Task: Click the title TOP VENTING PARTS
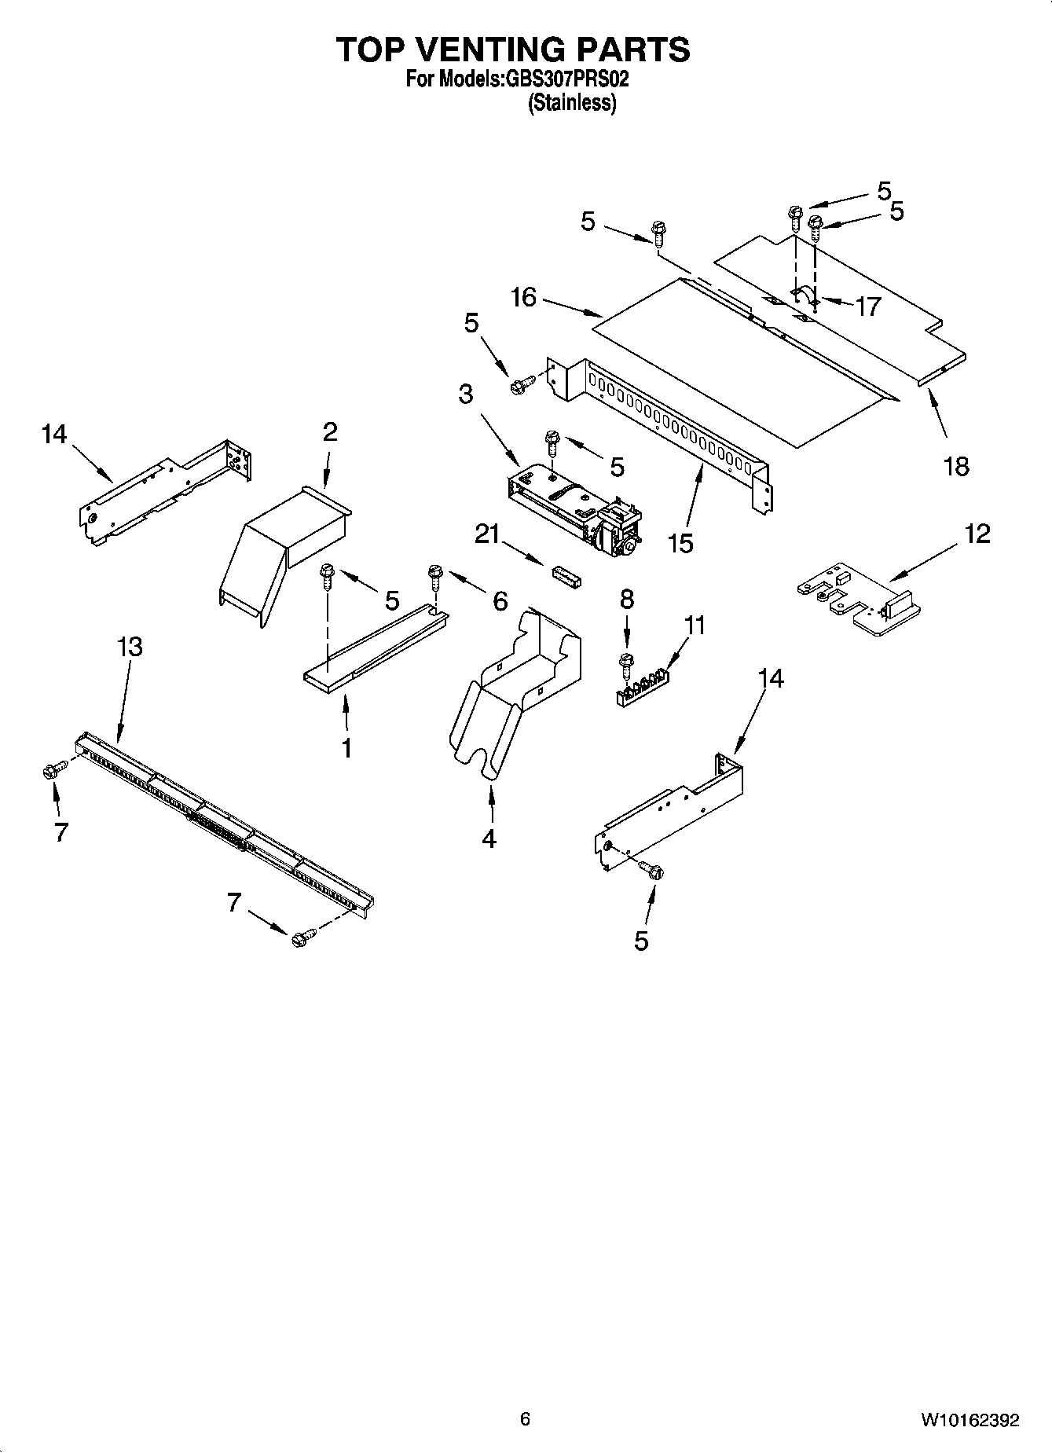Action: pos(514,50)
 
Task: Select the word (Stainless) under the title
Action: pos(571,103)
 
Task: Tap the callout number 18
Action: pos(956,466)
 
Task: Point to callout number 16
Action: pos(523,298)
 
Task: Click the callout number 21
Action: pos(487,534)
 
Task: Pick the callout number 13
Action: pos(130,647)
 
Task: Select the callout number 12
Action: pos(978,534)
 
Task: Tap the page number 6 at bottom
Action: pos(525,1418)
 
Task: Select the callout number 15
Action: pos(681,543)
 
